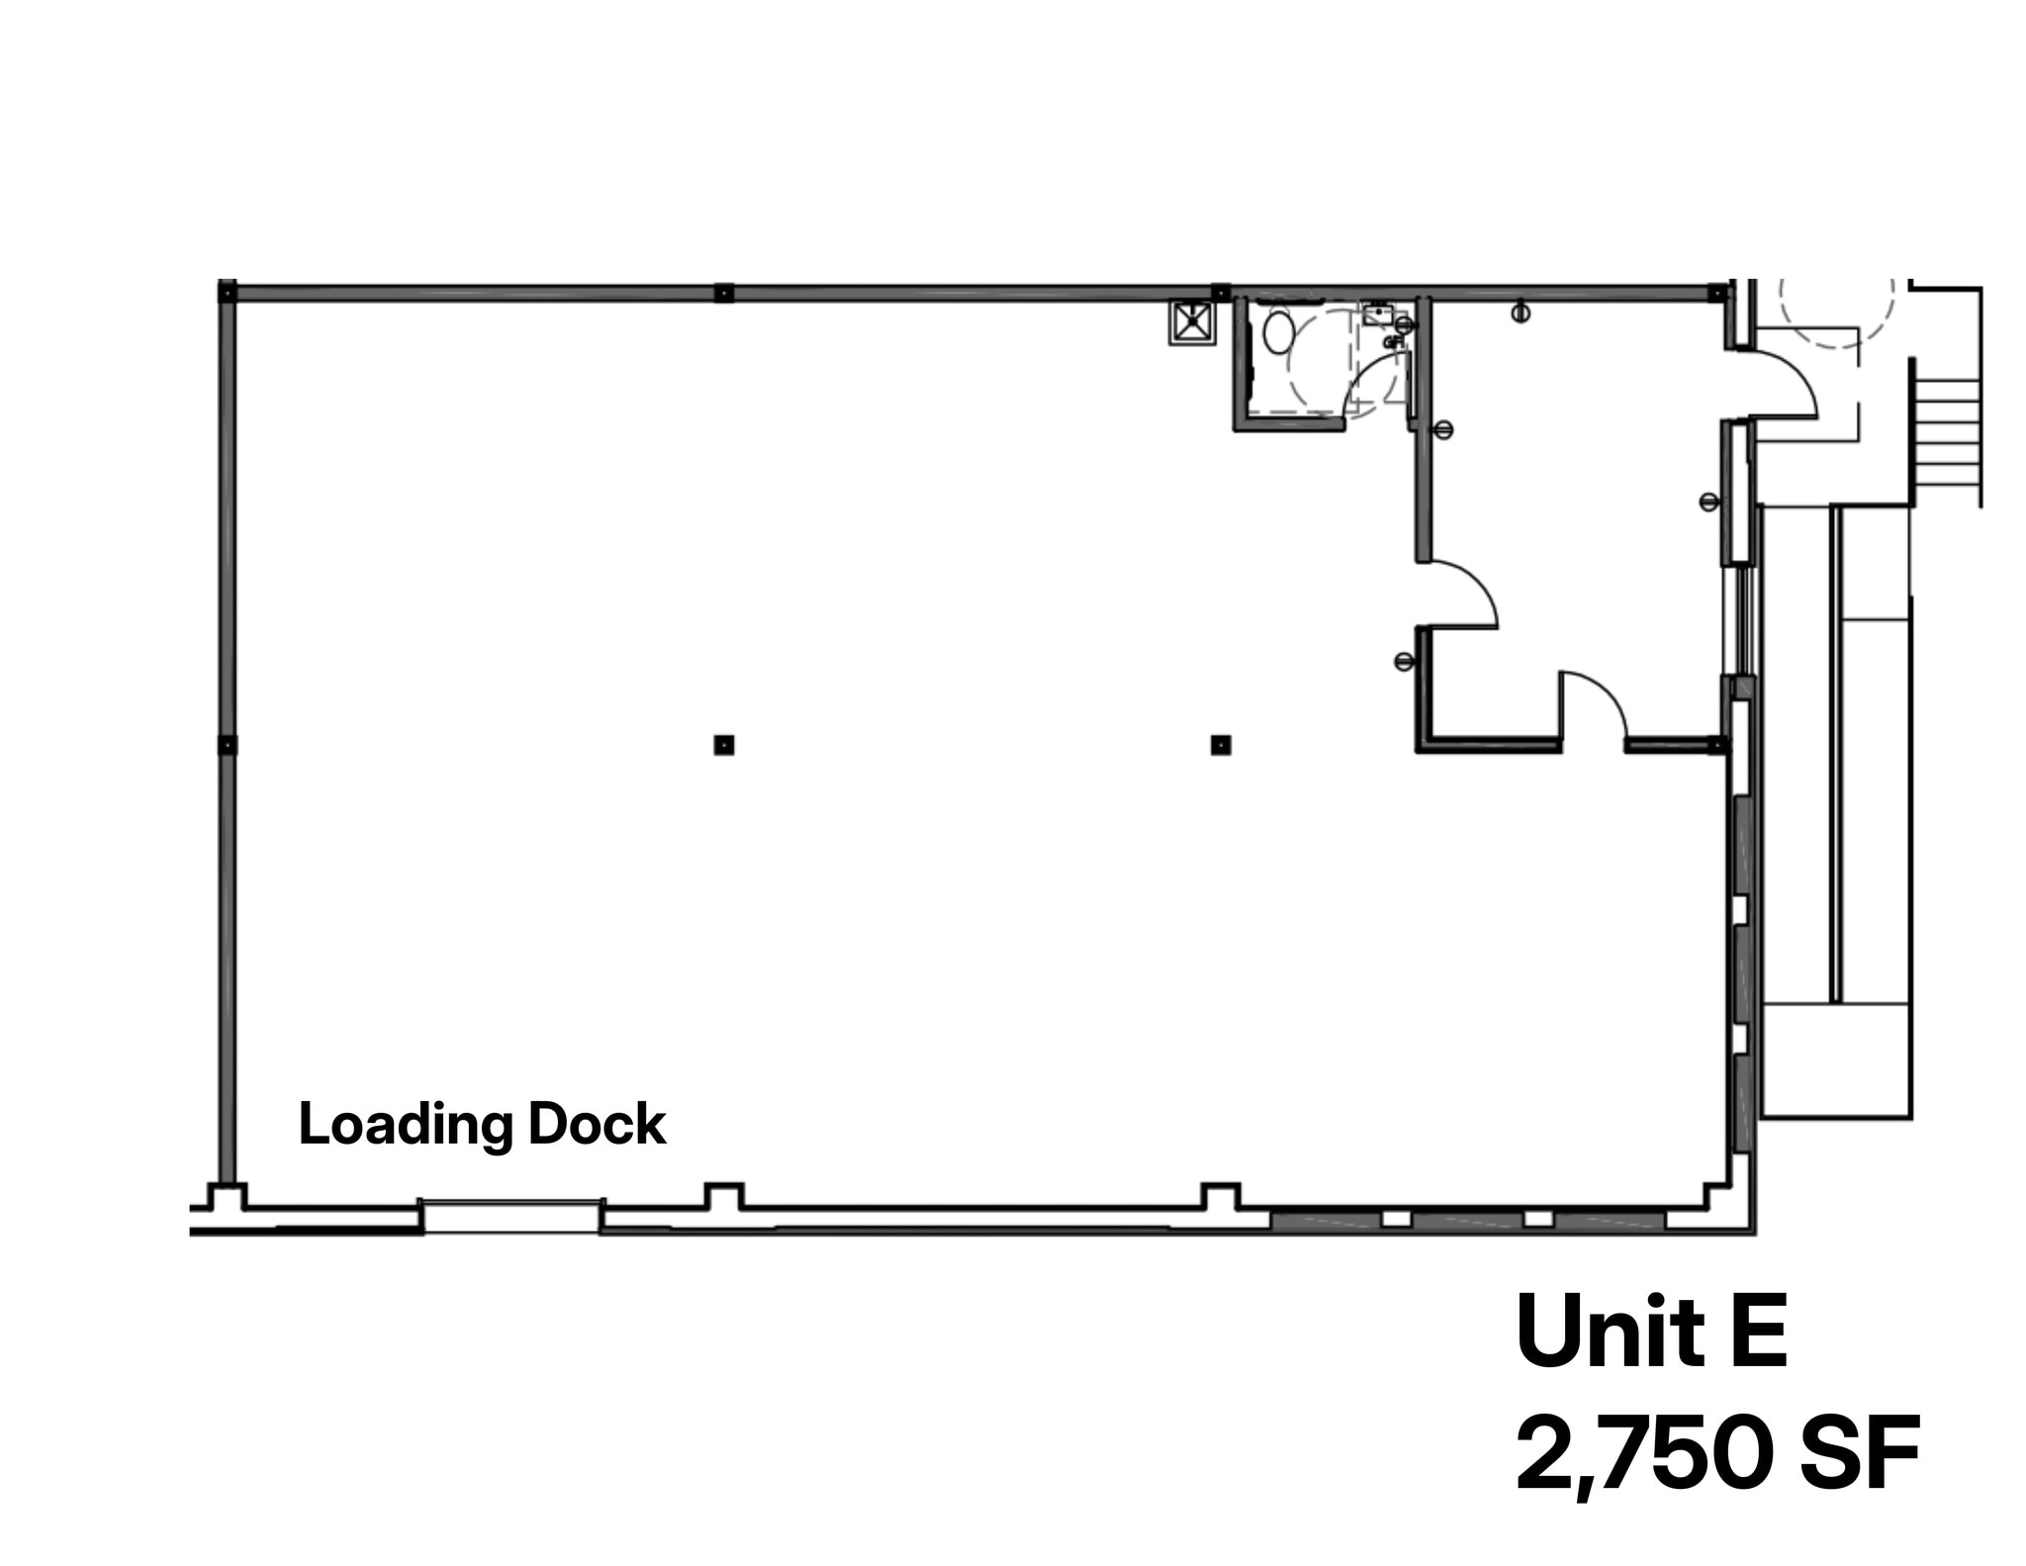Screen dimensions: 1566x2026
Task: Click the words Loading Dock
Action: click(482, 1125)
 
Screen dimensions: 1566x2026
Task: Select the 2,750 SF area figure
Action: click(1716, 1453)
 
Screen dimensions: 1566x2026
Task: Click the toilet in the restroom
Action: click(1278, 332)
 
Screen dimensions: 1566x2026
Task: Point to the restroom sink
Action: click(1377, 315)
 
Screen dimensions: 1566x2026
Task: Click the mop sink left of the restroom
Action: click(1192, 322)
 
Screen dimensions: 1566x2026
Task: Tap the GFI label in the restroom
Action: click(1393, 342)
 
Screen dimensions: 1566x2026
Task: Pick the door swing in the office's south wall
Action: click(1593, 704)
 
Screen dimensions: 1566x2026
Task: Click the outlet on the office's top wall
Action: click(1520, 314)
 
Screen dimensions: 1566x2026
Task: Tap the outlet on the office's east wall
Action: click(1708, 502)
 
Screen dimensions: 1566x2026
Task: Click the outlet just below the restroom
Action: click(1443, 429)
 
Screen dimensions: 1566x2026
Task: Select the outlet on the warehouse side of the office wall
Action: click(1403, 661)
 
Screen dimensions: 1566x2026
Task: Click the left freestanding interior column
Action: click(724, 745)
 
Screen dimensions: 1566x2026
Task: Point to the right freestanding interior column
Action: click(1221, 745)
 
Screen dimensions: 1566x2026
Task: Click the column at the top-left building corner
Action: click(228, 292)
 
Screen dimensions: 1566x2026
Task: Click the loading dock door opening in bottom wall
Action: click(511, 1216)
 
